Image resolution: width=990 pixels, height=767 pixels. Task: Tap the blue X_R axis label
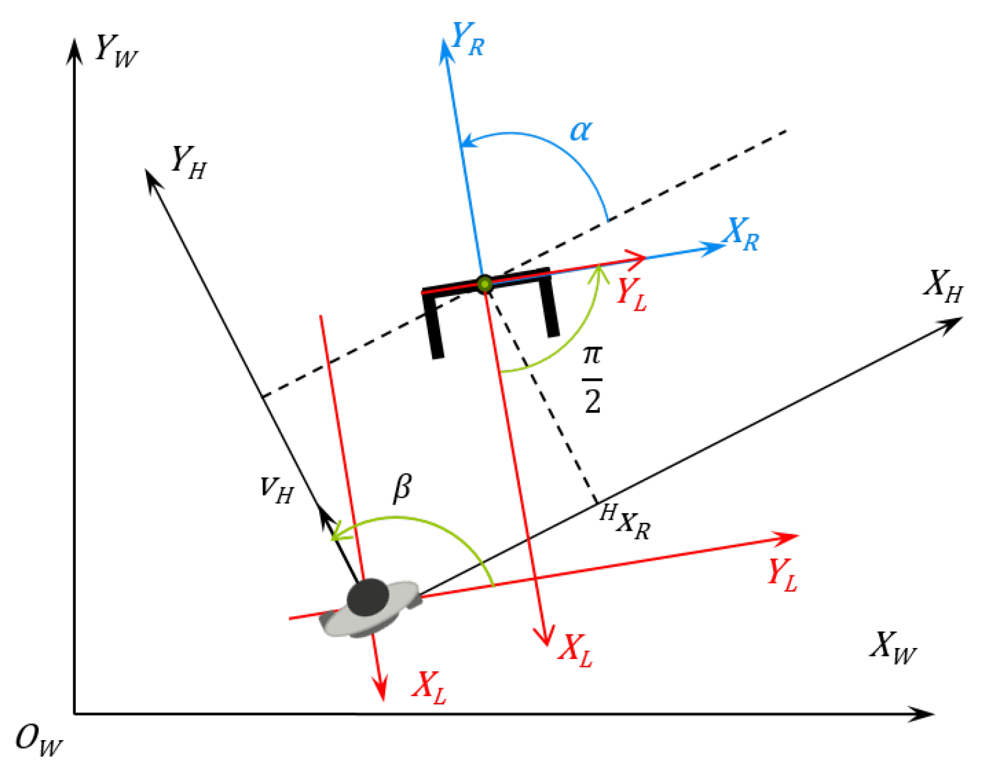[x=742, y=234]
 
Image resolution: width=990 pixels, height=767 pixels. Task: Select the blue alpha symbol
[x=580, y=130]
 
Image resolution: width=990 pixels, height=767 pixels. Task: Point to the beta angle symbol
[x=402, y=488]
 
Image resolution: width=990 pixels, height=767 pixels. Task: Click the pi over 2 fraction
[x=592, y=379]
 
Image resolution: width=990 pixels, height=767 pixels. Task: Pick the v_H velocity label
[x=277, y=489]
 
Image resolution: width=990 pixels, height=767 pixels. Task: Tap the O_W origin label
[x=38, y=740]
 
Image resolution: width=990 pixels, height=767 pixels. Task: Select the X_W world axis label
[x=893, y=647]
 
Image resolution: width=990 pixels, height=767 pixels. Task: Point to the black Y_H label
[x=188, y=162]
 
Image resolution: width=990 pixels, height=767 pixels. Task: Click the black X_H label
[x=943, y=286]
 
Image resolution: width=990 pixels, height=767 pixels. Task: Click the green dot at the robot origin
[x=485, y=284]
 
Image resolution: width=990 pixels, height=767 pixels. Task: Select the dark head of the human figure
[x=368, y=597]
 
